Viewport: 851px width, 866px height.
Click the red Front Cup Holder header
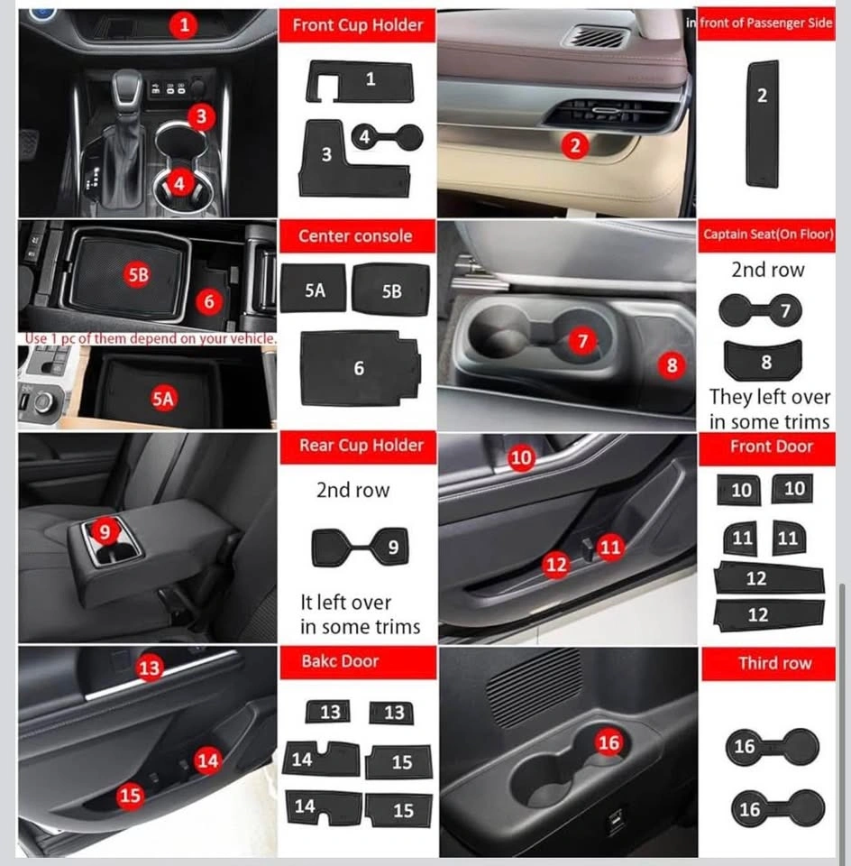click(x=357, y=25)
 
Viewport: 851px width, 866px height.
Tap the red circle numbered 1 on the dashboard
click(x=184, y=24)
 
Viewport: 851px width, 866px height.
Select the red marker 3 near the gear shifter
click(x=201, y=116)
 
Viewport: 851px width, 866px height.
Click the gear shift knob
click(x=127, y=88)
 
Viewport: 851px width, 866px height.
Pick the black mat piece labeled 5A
click(x=314, y=289)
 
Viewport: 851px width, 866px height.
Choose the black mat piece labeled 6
click(x=360, y=368)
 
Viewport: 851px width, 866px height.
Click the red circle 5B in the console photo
click(x=138, y=274)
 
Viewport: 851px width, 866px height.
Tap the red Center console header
click(x=357, y=236)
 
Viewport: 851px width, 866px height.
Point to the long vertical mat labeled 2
click(x=763, y=124)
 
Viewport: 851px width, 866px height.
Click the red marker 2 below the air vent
click(x=575, y=146)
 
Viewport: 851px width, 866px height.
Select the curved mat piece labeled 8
click(x=763, y=360)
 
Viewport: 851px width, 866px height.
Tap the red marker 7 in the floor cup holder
click(x=582, y=341)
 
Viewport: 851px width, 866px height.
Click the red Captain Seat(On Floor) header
click(x=767, y=235)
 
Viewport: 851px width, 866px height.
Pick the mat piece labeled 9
click(x=360, y=547)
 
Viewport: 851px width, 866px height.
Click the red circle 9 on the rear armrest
click(x=105, y=531)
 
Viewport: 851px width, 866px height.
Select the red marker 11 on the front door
click(x=610, y=548)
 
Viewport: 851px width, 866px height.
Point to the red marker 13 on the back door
click(x=149, y=668)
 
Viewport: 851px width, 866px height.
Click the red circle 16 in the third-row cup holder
click(x=609, y=742)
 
